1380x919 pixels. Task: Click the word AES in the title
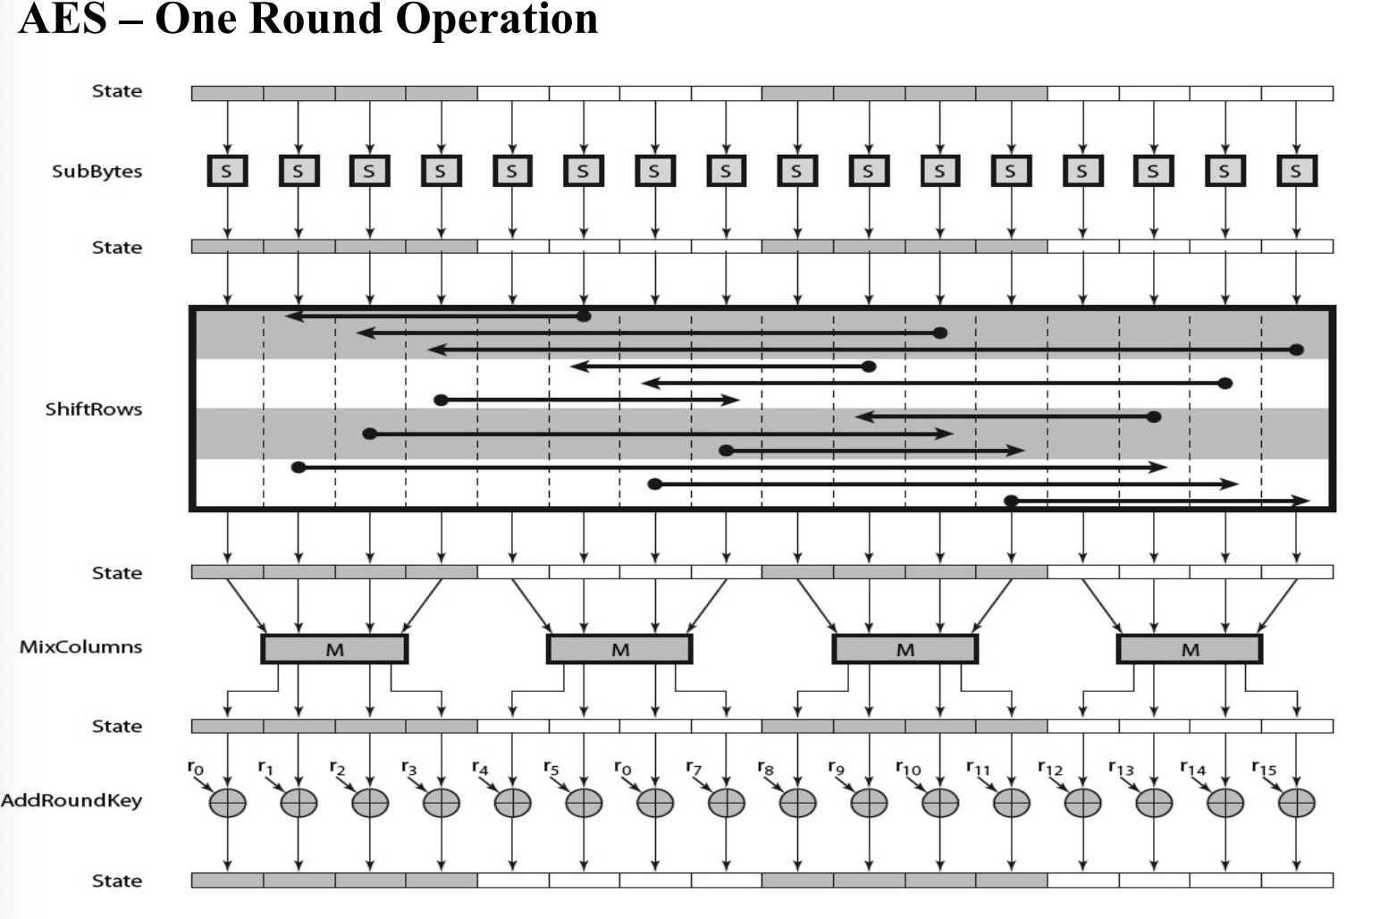63,19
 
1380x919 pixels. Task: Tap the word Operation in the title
497,20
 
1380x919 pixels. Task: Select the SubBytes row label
97,172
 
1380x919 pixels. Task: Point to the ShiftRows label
94,409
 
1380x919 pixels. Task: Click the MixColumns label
80,646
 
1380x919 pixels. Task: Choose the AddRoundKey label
72,800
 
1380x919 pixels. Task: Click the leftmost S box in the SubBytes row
227,171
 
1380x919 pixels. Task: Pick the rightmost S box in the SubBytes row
1297,171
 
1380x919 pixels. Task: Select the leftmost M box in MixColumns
334,649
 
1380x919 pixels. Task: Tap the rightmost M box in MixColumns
1190,649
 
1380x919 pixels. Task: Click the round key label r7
694,768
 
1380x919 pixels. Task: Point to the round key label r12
1050,768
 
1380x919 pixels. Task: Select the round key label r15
1264,768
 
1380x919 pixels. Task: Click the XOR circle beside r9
869,803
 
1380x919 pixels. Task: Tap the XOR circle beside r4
512,803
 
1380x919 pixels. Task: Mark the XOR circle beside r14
1225,803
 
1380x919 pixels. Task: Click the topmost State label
117,91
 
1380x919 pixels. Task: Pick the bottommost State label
117,881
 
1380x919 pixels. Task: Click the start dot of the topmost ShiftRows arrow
584,316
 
